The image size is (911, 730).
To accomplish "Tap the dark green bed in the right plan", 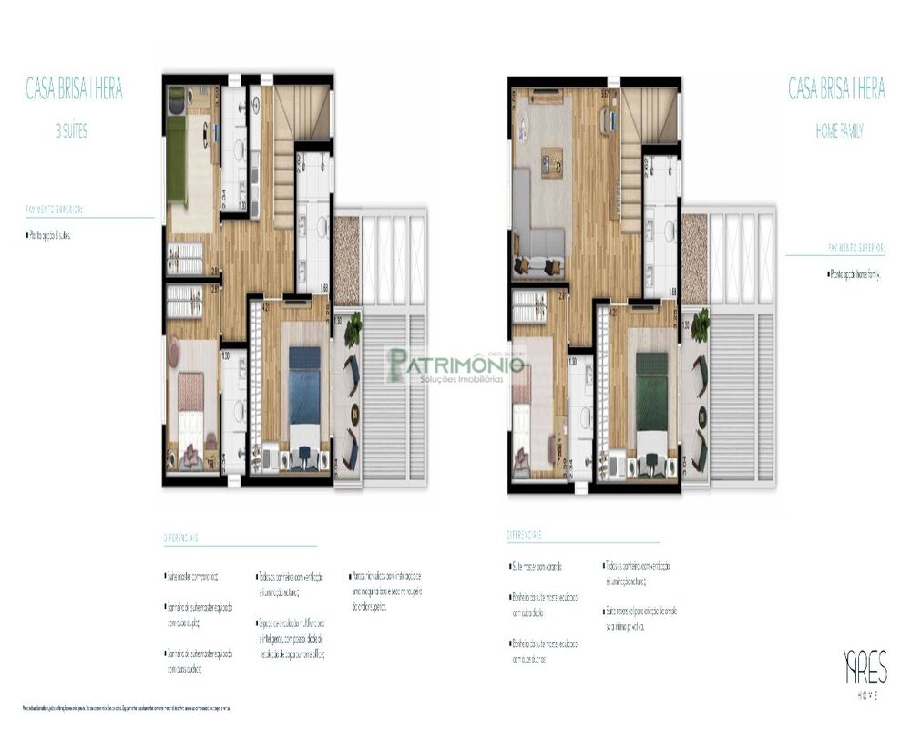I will coord(651,391).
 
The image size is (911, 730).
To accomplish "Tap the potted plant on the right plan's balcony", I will coord(700,324).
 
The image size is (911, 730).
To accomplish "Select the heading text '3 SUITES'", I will coord(72,131).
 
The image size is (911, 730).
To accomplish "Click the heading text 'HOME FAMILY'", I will coord(839,132).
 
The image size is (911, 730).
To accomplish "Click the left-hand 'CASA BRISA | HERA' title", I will coord(74,89).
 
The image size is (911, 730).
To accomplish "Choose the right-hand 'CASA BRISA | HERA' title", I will coord(836,89).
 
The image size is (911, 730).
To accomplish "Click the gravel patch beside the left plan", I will coord(347,260).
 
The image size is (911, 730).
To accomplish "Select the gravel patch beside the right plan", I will coord(694,259).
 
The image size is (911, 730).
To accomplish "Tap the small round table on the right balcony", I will coord(701,416).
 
